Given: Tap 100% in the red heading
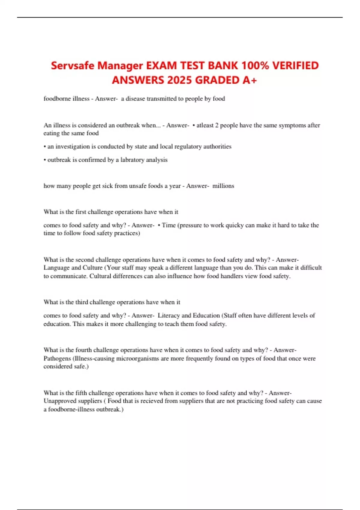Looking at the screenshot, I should [255, 65].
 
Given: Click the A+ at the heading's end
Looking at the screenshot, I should [250, 80].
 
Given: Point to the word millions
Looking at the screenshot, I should [223, 186].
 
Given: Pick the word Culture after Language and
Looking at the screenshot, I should [92, 268].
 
